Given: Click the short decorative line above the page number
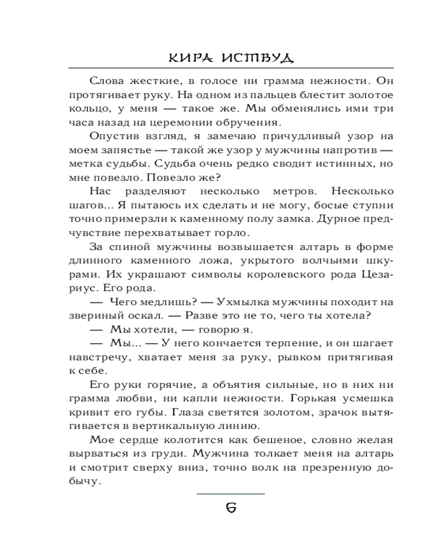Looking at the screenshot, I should tap(231, 494).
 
